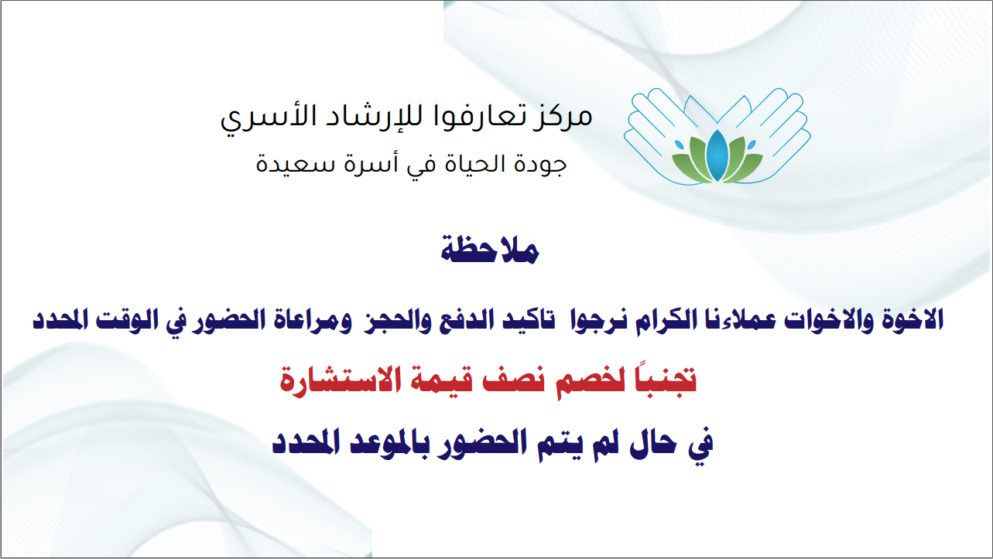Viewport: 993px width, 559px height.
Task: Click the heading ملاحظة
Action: click(x=490, y=251)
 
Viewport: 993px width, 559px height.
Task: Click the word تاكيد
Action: click(x=529, y=320)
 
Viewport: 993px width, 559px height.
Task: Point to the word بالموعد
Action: click(x=385, y=442)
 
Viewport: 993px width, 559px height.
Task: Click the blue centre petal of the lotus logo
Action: click(x=717, y=155)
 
